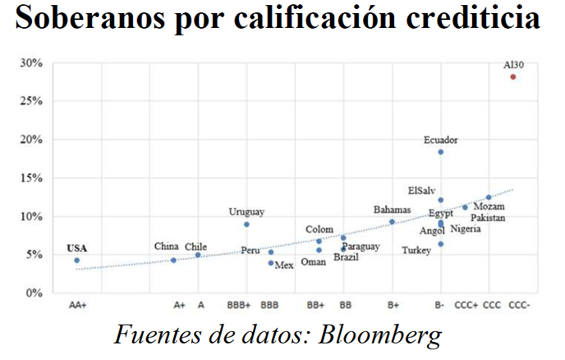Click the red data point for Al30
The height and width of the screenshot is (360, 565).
point(513,76)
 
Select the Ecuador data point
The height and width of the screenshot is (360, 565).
point(441,152)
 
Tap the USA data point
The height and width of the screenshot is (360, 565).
point(77,261)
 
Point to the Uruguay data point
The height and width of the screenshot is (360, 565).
point(246,224)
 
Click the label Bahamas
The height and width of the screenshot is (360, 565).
point(392,210)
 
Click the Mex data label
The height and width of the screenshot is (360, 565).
point(284,265)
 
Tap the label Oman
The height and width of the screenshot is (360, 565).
point(314,262)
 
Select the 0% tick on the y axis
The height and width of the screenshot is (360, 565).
point(34,293)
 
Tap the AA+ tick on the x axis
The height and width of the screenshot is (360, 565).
point(77,305)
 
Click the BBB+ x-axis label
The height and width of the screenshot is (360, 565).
point(239,305)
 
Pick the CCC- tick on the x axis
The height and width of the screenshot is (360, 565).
point(519,305)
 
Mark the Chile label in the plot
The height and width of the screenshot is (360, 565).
point(196,246)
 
